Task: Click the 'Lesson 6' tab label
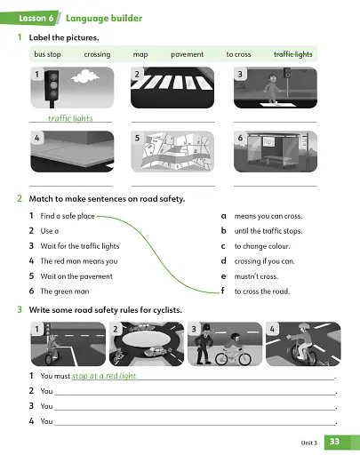coord(37,18)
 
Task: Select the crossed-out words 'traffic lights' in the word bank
coord(292,54)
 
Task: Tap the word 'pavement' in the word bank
coord(187,54)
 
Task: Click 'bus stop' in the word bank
coord(47,54)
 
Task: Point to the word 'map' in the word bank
coord(140,54)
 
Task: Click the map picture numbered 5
coord(172,153)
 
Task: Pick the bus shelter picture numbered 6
coord(275,153)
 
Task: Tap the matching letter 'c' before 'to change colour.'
coord(222,245)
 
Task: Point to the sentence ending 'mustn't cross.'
coord(257,275)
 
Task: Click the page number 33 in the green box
coord(334,441)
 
